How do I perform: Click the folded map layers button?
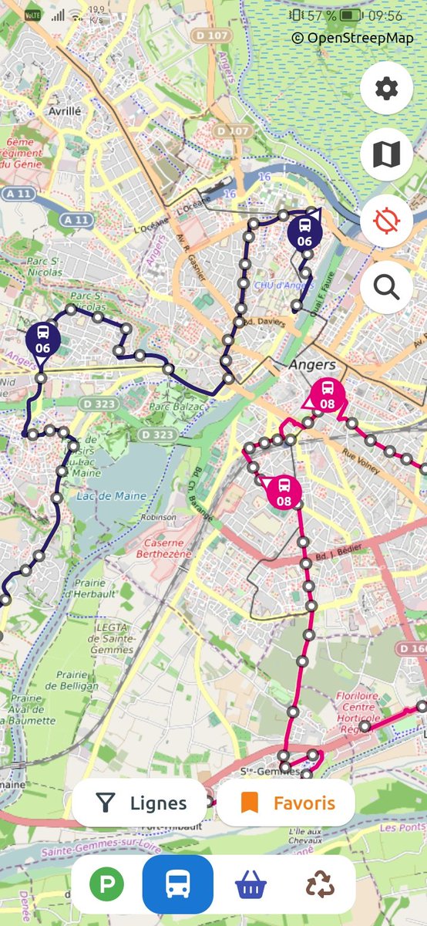(x=385, y=155)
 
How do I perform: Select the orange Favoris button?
(x=287, y=803)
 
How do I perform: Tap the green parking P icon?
(x=106, y=885)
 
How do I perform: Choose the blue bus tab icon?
(x=177, y=885)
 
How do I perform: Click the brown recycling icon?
(x=319, y=885)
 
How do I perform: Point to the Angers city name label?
(x=312, y=364)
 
